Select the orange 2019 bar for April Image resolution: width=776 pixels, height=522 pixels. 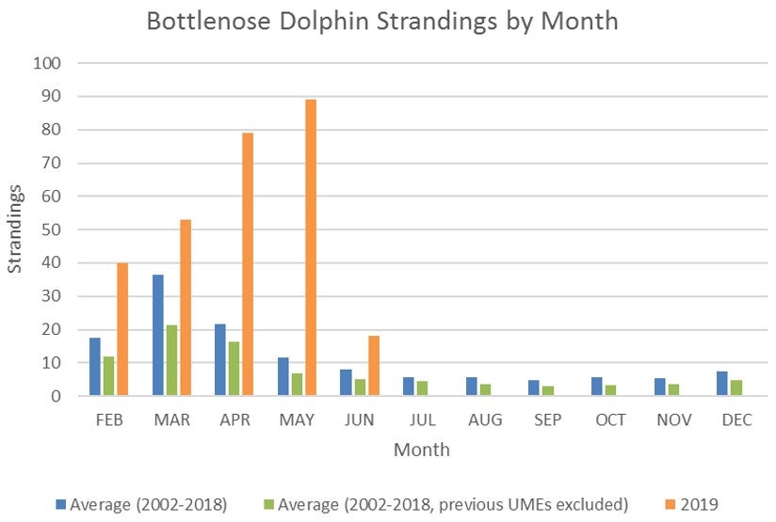(x=248, y=264)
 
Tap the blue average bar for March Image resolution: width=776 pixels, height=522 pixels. (x=158, y=335)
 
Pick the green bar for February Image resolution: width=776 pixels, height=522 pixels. (x=108, y=376)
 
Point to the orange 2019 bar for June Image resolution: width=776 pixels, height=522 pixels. (x=373, y=366)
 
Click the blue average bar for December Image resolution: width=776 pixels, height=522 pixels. (x=722, y=384)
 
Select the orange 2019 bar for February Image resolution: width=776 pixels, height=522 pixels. (x=122, y=329)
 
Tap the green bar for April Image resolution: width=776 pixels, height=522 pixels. (x=234, y=369)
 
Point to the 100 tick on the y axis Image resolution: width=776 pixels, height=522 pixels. (x=47, y=63)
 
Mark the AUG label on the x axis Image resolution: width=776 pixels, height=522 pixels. (x=485, y=419)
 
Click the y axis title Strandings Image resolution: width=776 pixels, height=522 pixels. (x=16, y=229)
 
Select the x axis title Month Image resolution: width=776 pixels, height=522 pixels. (x=421, y=450)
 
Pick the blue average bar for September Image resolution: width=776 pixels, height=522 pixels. (x=534, y=388)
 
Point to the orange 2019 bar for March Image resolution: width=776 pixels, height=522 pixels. (x=186, y=308)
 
